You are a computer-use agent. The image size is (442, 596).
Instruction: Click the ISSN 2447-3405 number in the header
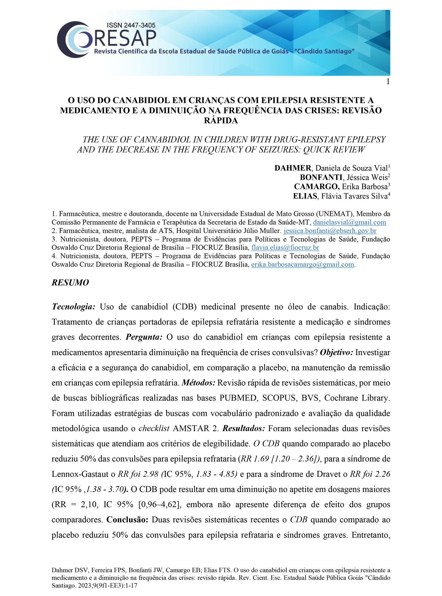tap(131, 26)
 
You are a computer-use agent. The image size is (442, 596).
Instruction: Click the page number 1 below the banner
tap(388, 82)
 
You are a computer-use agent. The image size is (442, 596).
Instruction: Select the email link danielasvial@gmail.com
tap(349, 222)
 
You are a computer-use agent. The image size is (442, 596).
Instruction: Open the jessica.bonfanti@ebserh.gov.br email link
tap(330, 231)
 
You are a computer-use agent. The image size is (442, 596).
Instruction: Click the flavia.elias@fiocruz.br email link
tap(285, 247)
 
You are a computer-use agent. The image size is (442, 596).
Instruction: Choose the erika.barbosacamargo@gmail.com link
tap(303, 264)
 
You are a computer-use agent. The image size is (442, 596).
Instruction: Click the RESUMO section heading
tap(70, 283)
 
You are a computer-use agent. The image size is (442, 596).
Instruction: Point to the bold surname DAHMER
tap(292, 168)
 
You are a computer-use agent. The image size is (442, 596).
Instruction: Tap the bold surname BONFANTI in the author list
tap(321, 177)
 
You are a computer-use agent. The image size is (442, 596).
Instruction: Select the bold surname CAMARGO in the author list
tap(317, 187)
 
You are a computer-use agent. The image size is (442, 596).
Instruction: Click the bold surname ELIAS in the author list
tap(305, 196)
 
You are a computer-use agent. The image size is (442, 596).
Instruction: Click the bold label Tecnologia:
tap(74, 307)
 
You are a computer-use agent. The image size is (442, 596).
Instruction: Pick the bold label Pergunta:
tap(144, 337)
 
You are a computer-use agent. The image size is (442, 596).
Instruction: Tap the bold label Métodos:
tap(198, 383)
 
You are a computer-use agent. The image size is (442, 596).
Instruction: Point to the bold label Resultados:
tap(244, 428)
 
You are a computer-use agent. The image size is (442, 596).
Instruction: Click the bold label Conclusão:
tap(127, 519)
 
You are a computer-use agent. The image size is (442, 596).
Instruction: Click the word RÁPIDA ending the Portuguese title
tap(221, 120)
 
